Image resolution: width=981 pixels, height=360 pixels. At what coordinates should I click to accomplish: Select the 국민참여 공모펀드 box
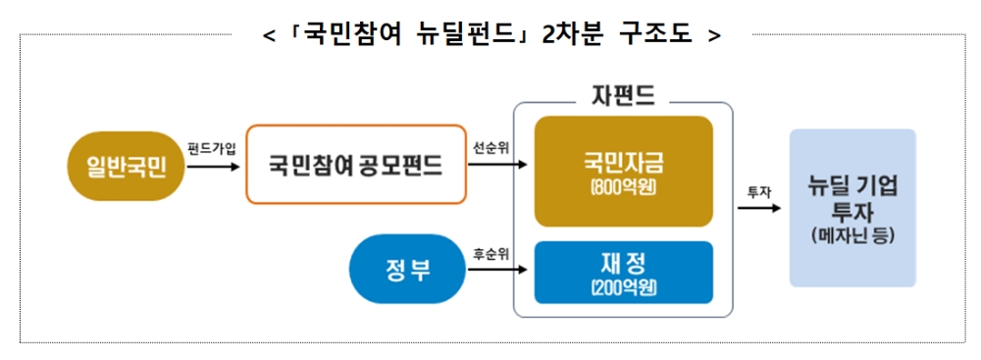355,165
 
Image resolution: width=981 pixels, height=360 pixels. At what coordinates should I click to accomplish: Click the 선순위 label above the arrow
490,148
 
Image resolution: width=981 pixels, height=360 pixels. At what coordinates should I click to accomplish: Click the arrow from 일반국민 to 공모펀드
212,166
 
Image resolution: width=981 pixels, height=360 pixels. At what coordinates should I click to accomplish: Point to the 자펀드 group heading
623,95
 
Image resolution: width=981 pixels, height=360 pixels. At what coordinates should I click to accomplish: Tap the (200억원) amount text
623,288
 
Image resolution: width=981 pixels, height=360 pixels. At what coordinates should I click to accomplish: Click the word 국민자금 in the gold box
623,162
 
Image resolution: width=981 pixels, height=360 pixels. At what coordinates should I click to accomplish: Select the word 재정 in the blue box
623,262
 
